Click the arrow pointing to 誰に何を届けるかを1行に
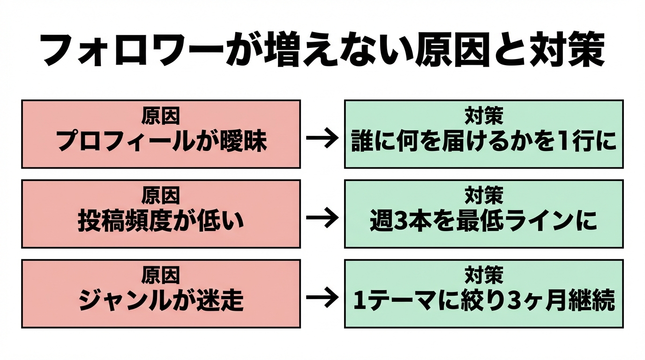[x=322, y=138]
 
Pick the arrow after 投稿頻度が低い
[x=322, y=218]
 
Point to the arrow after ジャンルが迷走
[x=322, y=298]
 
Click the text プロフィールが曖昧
[x=161, y=141]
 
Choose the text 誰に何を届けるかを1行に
[x=484, y=141]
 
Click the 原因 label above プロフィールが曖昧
[x=161, y=117]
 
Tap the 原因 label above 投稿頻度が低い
[x=161, y=196]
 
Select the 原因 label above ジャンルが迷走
[x=161, y=276]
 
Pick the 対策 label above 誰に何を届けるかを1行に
[x=484, y=117]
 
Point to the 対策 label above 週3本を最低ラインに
[x=484, y=196]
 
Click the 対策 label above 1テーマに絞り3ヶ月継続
[x=484, y=276]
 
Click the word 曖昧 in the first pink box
[x=243, y=141]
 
